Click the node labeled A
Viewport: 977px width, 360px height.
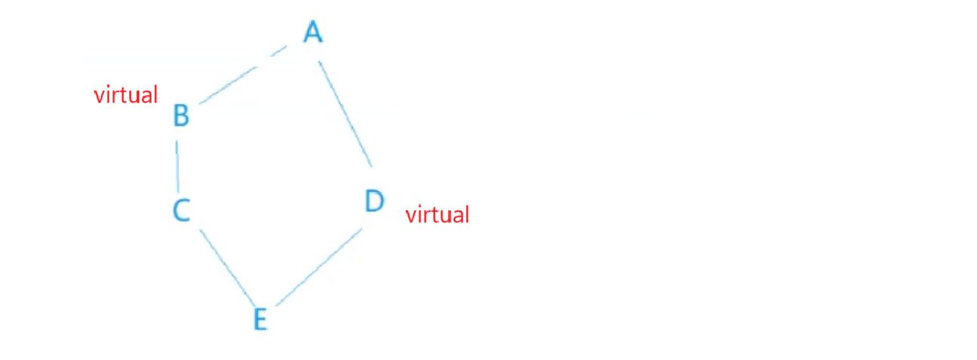pos(313,32)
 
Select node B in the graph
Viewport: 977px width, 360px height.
pos(181,116)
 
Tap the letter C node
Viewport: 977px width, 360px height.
pos(181,210)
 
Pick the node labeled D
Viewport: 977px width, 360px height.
pos(374,202)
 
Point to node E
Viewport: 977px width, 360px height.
pos(260,319)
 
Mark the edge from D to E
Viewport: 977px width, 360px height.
pos(320,267)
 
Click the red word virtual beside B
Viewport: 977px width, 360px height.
pos(126,95)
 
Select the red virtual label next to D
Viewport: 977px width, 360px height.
pos(438,215)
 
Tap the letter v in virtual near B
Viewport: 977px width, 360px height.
pos(98,97)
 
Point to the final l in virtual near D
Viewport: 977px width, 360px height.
pos(467,214)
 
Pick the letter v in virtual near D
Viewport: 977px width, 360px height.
pos(410,217)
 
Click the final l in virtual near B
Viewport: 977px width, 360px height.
pos(155,94)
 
